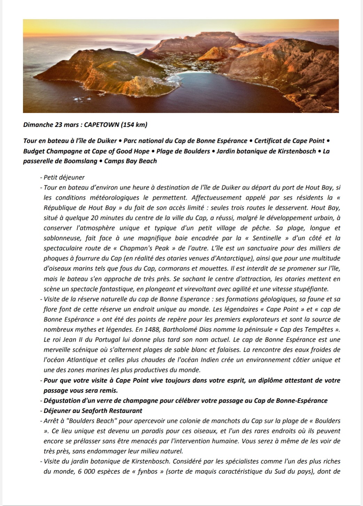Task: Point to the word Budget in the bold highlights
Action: point(34,151)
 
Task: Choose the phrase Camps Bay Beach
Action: point(131,161)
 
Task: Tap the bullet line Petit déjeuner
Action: point(64,177)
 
